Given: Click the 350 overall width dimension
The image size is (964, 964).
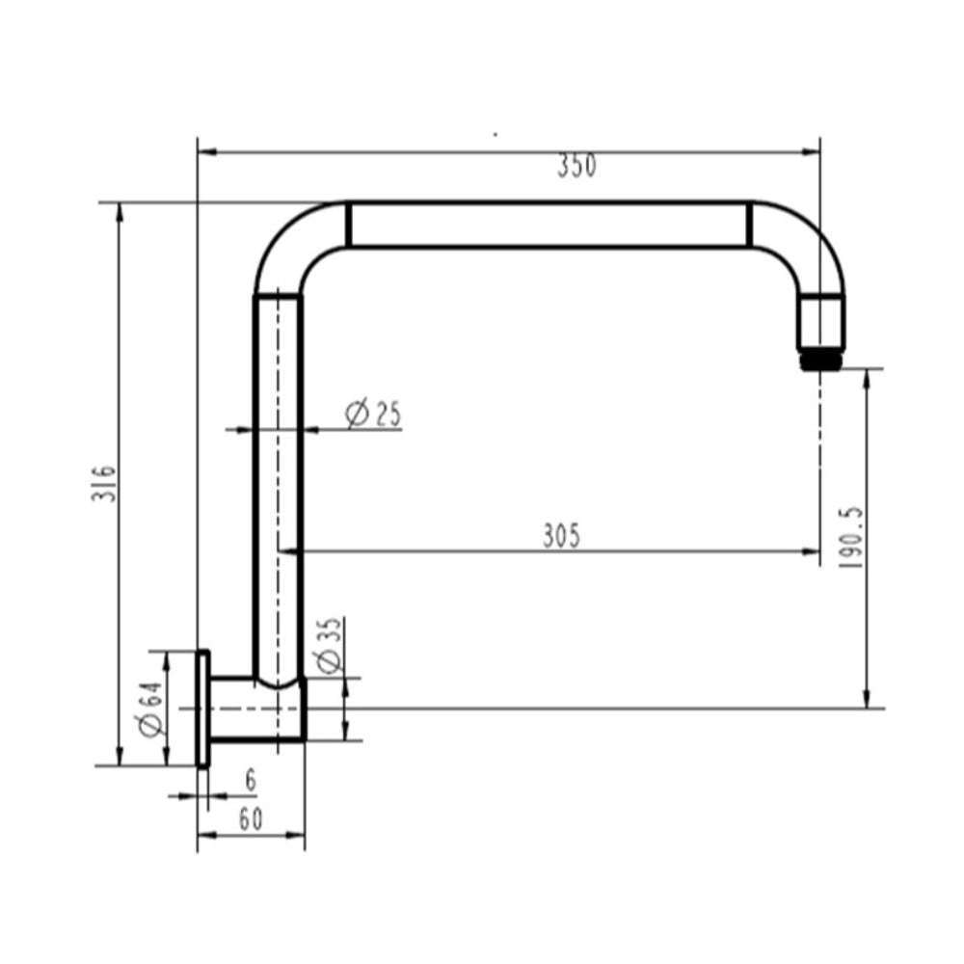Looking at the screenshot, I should coord(576,167).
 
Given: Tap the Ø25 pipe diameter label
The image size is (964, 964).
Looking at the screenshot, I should coord(373,415).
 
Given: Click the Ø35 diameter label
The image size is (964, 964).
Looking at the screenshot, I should coord(327,645).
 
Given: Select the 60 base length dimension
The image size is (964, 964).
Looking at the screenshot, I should coord(250,819).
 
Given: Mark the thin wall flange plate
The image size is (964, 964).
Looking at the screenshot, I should coord(202,709).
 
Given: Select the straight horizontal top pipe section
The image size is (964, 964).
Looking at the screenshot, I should coord(548,226).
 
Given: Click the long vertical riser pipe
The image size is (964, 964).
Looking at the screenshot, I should coord(278,482).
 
